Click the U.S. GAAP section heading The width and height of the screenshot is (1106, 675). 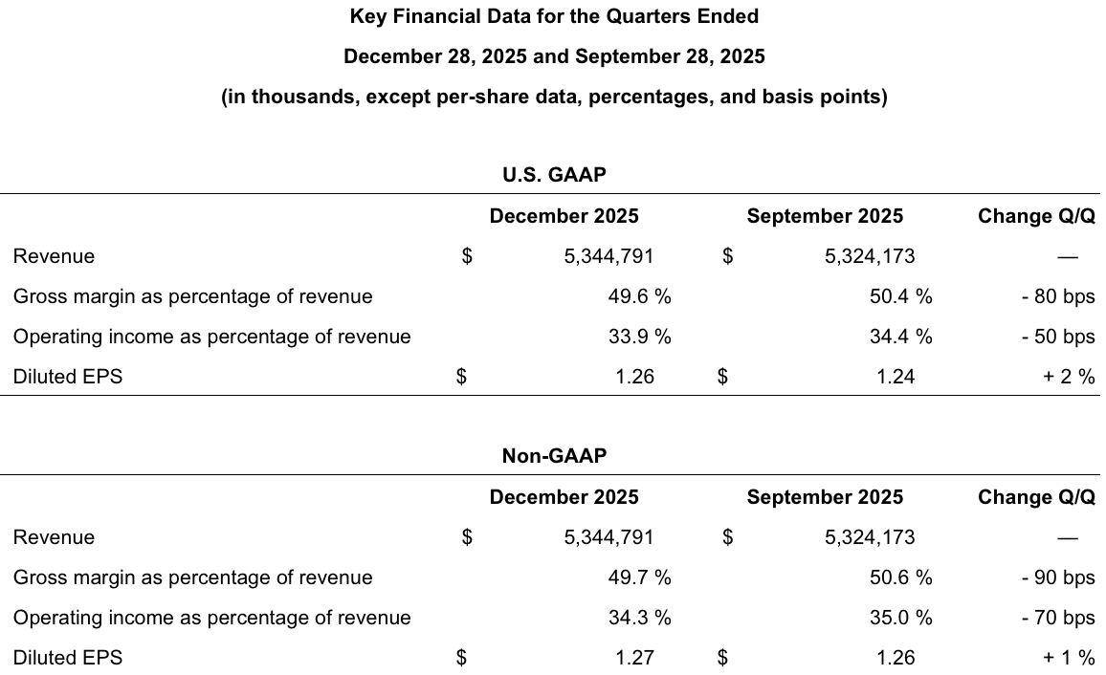pos(554,175)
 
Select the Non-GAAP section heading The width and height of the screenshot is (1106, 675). pos(554,456)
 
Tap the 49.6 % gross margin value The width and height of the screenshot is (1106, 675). pos(639,296)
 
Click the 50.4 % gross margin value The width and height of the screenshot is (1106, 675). pos(900,296)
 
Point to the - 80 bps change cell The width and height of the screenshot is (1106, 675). pos(1057,296)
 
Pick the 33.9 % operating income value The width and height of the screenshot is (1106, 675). pos(639,337)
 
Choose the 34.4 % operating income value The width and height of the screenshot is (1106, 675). pos(900,337)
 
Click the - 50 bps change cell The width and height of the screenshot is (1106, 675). pos(1057,337)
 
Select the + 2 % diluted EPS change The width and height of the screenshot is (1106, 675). pos(1069,377)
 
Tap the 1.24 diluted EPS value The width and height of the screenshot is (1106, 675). pos(896,377)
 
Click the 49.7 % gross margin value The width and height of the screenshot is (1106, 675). pos(639,577)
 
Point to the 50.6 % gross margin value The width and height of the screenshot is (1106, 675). pos(900,577)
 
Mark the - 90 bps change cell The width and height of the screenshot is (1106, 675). pos(1057,577)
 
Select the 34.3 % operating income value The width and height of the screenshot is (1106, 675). pos(639,618)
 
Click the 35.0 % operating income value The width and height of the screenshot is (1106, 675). pos(900,618)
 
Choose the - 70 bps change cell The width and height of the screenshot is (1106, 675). pos(1057,618)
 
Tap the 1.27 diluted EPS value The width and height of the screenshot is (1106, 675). pos(634,658)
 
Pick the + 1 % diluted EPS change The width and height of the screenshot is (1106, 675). pos(1069,658)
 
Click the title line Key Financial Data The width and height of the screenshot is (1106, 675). pos(554,16)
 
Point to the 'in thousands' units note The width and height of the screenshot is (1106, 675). pos(554,98)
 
